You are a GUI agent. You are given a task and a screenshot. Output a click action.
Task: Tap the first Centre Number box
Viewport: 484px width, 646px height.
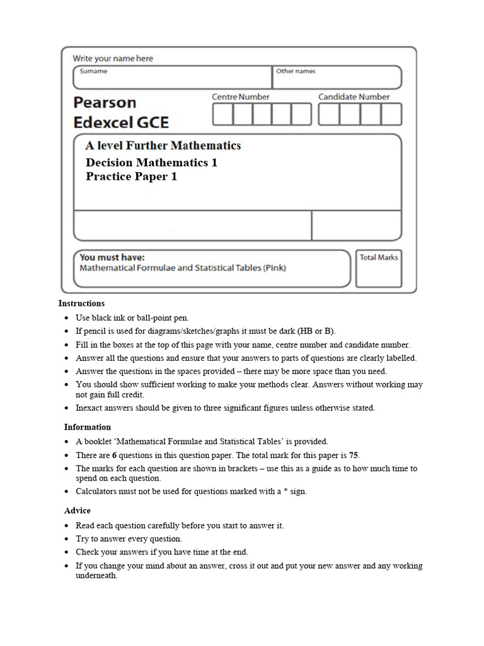coord(222,114)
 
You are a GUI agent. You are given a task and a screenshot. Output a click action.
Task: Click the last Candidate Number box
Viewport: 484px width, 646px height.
coord(391,114)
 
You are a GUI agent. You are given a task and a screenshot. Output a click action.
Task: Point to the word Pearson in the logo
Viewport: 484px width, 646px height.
coord(105,102)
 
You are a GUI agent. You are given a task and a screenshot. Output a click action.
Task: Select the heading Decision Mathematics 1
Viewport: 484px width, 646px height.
coord(151,163)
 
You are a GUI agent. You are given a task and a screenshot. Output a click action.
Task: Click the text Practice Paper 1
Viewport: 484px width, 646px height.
coord(131,177)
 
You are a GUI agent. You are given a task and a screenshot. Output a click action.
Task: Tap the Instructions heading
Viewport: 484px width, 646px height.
coord(82,303)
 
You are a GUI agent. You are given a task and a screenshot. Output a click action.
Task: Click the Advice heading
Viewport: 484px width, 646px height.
coord(78,510)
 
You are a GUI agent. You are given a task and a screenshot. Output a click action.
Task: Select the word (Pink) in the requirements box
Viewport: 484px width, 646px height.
coord(275,268)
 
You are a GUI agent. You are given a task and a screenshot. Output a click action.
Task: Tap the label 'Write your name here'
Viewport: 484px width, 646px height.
coord(113,59)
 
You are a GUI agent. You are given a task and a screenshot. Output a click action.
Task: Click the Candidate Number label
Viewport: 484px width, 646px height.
coord(354,97)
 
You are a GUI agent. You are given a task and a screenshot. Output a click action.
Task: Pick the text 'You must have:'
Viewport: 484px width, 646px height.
coord(112,257)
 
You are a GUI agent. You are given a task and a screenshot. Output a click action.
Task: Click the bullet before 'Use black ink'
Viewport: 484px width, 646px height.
coord(67,319)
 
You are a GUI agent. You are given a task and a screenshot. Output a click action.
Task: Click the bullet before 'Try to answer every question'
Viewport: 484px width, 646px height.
coord(67,539)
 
